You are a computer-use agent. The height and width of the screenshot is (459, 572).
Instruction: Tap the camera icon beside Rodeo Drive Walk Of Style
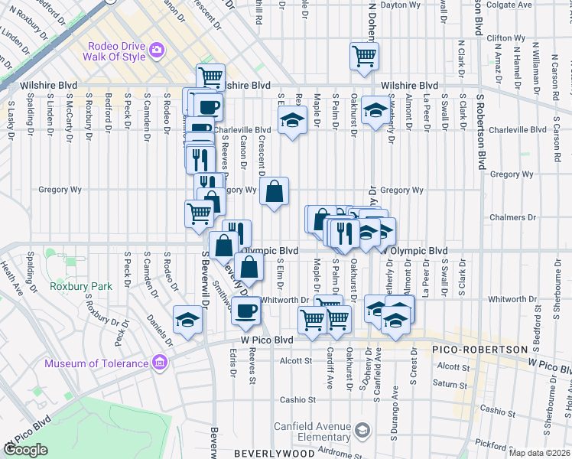(157, 50)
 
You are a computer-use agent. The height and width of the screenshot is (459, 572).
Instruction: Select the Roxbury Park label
(81, 286)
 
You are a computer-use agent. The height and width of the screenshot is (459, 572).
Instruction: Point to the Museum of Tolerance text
(96, 363)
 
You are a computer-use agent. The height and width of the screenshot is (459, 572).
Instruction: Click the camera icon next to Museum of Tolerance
(160, 361)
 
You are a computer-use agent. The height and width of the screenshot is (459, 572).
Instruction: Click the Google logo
(25, 450)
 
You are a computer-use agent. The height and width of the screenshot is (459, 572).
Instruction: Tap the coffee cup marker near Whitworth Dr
(245, 310)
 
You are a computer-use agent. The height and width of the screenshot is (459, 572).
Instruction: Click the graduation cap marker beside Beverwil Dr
(187, 321)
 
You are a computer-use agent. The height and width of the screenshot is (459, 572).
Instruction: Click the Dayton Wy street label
(401, 5)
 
